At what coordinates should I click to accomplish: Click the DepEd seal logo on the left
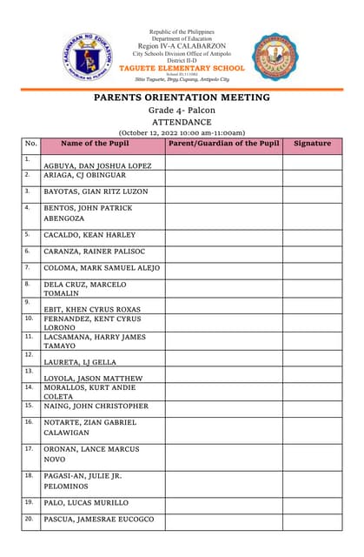pos(88,57)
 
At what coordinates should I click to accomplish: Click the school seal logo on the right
pos(275,57)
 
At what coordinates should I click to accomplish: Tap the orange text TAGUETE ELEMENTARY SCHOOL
pos(182,68)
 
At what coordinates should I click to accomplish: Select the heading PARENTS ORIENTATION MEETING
pos(182,97)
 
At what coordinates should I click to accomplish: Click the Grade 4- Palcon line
pos(182,111)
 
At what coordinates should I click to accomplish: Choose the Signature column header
pos(312,144)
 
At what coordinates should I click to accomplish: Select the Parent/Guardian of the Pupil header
pos(223,144)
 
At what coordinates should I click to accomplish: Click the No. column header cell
pos(31,144)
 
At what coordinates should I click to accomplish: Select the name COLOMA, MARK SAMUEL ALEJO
pos(102,268)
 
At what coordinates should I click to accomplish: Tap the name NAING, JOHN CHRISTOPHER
pos(96,406)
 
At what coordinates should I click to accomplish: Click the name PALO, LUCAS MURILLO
pos(86,503)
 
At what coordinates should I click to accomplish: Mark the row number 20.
pos(29,519)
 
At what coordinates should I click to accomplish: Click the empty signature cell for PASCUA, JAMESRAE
pos(312,521)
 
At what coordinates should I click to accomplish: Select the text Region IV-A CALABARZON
pos(182,45)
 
